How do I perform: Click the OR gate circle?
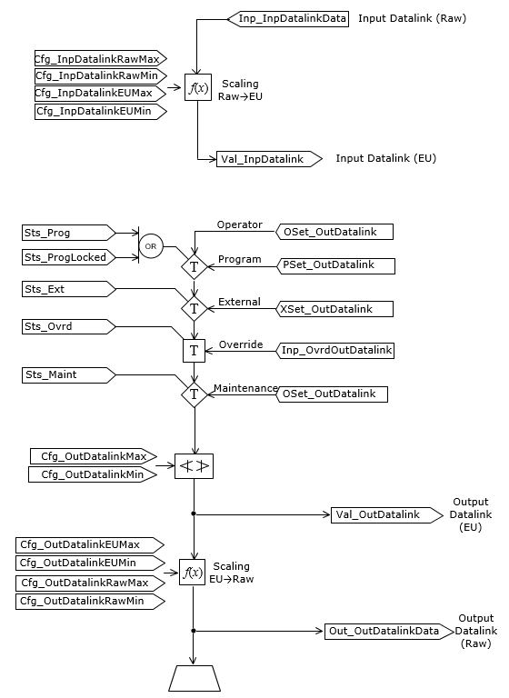[x=152, y=245]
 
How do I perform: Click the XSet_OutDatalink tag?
[x=335, y=310]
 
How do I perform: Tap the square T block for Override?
[x=195, y=351]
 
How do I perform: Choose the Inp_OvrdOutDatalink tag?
[x=335, y=351]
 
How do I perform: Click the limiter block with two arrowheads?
[x=195, y=467]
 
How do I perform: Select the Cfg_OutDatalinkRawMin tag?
[x=89, y=602]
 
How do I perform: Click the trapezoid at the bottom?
[x=194, y=678]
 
